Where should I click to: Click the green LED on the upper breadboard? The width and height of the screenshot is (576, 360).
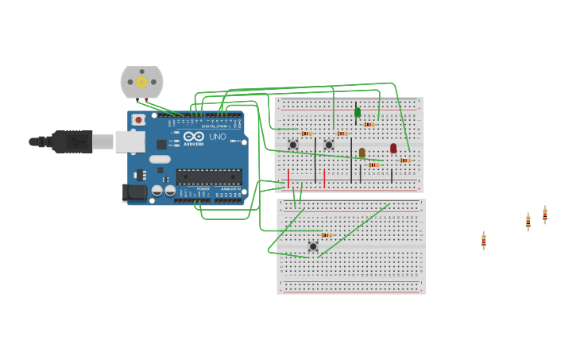[x=358, y=112]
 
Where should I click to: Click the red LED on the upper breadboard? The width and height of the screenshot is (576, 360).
[x=393, y=148]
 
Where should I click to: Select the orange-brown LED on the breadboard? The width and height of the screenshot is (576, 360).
[x=362, y=153]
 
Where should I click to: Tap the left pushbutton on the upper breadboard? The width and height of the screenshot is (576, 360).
[x=293, y=144]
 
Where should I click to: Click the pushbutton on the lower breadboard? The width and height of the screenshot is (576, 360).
[x=313, y=246]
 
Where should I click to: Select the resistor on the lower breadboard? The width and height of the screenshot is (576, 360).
[x=326, y=235]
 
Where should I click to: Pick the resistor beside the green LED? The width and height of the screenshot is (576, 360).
[x=369, y=124]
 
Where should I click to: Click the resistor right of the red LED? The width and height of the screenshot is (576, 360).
[x=405, y=161]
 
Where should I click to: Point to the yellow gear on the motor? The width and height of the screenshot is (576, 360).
[x=142, y=82]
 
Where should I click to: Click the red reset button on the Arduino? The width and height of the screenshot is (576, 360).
[x=138, y=120]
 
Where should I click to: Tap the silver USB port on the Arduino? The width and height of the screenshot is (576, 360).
[x=130, y=141]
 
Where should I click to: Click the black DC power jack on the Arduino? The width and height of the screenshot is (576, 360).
[x=133, y=192]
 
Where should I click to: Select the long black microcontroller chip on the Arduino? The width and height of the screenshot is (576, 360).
[x=209, y=176]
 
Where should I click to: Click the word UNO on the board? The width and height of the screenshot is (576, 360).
[x=217, y=137]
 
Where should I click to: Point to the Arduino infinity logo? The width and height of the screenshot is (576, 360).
[x=194, y=136]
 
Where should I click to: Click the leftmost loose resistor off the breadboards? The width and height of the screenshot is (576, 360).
[x=483, y=240]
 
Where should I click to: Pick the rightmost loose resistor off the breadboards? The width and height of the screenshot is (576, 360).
[x=545, y=215]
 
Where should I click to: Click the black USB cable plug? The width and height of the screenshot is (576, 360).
[x=72, y=141]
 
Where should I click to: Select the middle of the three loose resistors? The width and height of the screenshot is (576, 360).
[x=528, y=222]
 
